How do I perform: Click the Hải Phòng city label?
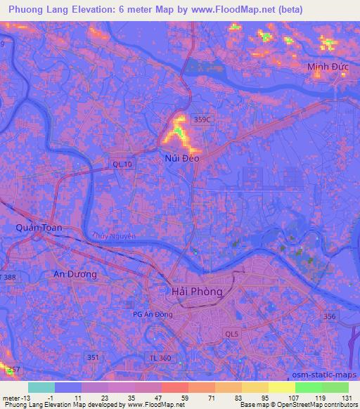point(197,291)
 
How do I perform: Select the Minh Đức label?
point(328,67)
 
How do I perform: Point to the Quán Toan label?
point(39,228)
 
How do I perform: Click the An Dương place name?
point(75,274)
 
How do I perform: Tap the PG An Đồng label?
point(153,314)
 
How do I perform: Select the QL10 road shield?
point(122,164)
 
